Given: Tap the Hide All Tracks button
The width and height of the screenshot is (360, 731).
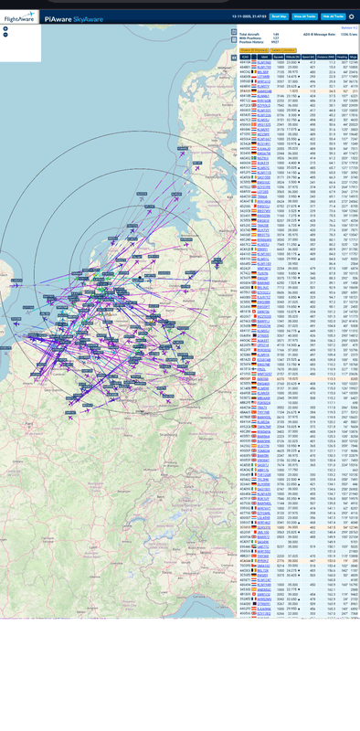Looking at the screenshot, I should (334, 16).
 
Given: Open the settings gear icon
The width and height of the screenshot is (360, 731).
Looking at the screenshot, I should (351, 16).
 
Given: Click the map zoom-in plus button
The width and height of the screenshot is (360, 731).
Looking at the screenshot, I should (6, 28).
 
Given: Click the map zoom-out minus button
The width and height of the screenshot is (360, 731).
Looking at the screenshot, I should (6, 35).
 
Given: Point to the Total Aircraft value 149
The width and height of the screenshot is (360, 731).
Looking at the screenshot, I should (276, 33).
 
